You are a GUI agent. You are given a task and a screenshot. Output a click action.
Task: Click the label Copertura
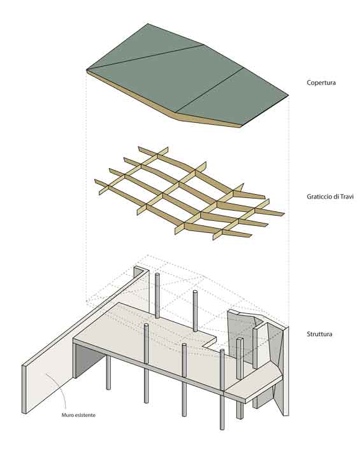321,83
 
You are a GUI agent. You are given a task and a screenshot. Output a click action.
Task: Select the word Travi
346,196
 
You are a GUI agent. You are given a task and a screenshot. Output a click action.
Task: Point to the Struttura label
319,334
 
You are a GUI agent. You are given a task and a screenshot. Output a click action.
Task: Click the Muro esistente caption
78,415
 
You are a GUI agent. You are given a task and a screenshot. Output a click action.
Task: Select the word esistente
85,415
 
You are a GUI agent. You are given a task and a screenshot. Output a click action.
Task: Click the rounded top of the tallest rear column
157,275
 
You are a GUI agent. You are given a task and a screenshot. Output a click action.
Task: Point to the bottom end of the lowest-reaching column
222,428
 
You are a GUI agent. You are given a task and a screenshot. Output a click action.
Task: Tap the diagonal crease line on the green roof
145,57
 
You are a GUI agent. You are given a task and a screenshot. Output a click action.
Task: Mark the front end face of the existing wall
24,389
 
